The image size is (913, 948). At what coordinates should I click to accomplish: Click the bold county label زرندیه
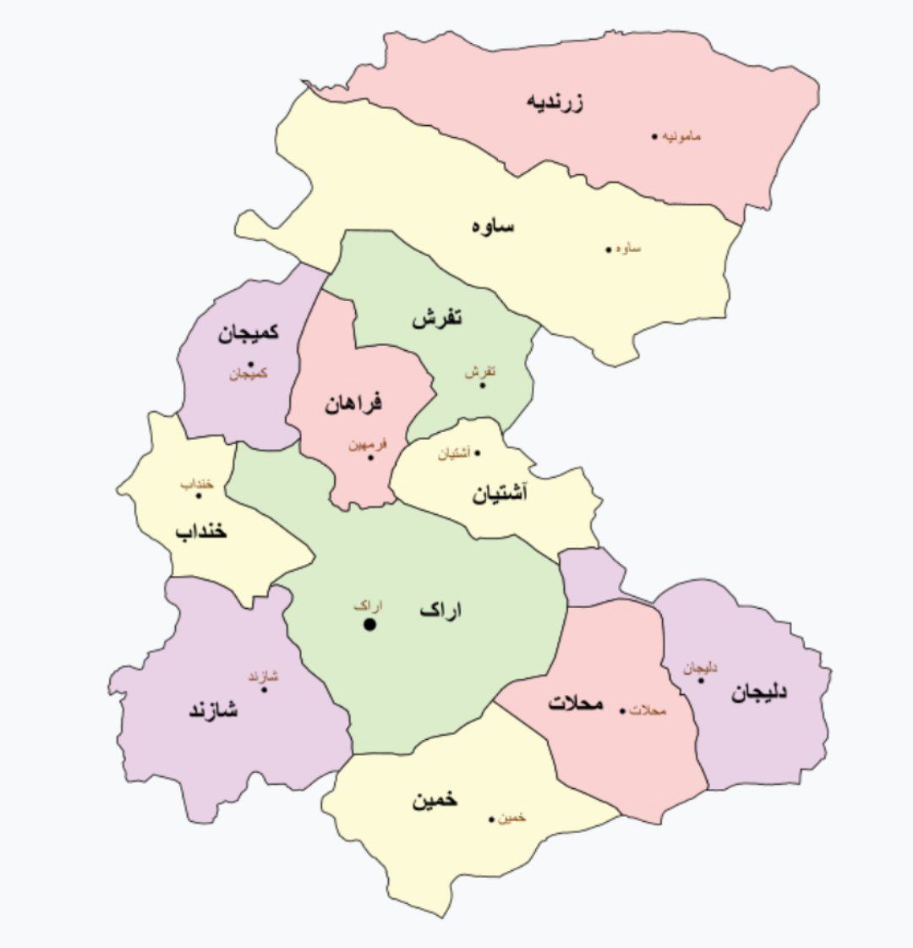pyautogui.click(x=556, y=102)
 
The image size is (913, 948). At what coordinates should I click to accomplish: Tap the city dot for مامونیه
pyautogui.click(x=654, y=136)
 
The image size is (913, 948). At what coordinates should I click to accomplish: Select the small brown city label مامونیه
pyautogui.click(x=681, y=136)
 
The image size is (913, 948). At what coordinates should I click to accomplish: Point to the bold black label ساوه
pyautogui.click(x=493, y=226)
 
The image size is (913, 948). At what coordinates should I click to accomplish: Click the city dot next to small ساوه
pyautogui.click(x=608, y=249)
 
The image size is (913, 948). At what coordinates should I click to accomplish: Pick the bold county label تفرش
pyautogui.click(x=437, y=320)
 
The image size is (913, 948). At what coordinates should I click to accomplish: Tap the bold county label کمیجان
pyautogui.click(x=249, y=333)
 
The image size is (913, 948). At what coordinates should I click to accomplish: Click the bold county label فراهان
pyautogui.click(x=353, y=403)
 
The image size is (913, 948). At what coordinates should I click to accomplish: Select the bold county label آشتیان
pyautogui.click(x=499, y=493)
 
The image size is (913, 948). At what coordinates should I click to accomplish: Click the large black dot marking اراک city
pyautogui.click(x=369, y=625)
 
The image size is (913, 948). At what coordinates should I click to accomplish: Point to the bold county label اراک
pyautogui.click(x=441, y=611)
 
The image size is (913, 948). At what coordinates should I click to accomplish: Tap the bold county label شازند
pyautogui.click(x=213, y=710)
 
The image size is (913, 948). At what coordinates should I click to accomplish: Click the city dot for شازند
pyautogui.click(x=265, y=689)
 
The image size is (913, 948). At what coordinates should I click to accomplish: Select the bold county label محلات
pyautogui.click(x=576, y=703)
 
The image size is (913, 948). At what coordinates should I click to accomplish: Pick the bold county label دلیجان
pyautogui.click(x=759, y=692)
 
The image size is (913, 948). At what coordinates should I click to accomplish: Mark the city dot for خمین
pyautogui.click(x=491, y=818)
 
